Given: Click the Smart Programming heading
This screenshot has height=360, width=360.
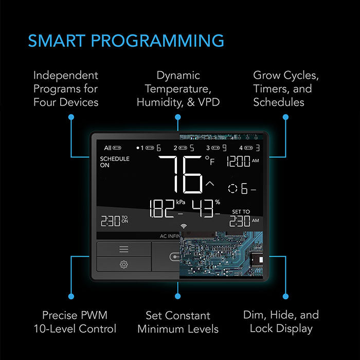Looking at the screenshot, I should click(126, 41).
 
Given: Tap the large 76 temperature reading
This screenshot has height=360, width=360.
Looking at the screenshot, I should click(181, 174).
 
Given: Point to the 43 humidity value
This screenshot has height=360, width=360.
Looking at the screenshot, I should click(203, 209).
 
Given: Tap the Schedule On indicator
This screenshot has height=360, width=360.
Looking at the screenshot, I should click(114, 162).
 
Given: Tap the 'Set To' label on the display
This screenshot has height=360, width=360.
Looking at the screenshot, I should click(241, 212).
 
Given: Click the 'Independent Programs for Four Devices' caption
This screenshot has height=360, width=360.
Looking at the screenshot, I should click(66, 88).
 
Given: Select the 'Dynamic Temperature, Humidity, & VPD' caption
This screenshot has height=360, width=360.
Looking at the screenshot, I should click(178, 88).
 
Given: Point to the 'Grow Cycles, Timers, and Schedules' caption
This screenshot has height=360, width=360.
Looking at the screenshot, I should click(285, 88).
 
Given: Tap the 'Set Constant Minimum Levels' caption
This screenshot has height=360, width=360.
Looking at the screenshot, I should click(178, 322).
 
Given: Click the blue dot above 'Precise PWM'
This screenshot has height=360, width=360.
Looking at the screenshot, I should click(71, 297).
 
